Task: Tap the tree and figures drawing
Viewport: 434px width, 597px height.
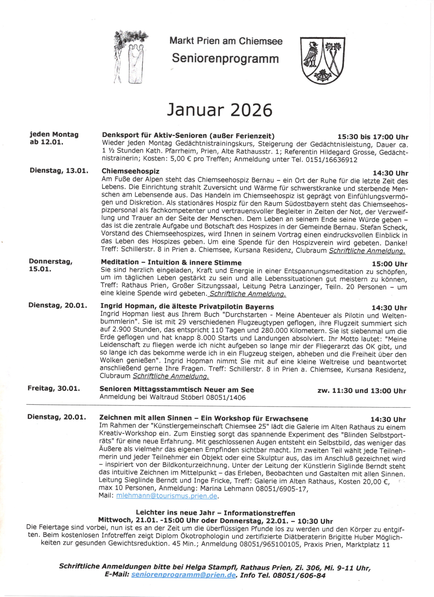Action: click(x=130, y=57)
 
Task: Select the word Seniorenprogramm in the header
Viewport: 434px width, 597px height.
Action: click(x=225, y=59)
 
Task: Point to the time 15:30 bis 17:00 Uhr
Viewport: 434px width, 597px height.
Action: click(x=373, y=137)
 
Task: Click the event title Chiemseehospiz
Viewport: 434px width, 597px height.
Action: click(x=130, y=171)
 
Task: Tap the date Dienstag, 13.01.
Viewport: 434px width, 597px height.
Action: click(x=59, y=170)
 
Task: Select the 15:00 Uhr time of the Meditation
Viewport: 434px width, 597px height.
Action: click(x=389, y=264)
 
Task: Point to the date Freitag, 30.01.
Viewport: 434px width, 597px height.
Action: click(x=54, y=389)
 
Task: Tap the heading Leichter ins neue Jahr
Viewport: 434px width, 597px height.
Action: click(x=215, y=513)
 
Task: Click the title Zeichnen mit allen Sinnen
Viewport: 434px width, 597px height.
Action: click(x=203, y=418)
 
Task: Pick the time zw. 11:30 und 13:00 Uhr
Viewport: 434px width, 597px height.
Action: click(x=362, y=391)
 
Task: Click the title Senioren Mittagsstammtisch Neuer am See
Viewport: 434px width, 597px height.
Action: click(x=176, y=389)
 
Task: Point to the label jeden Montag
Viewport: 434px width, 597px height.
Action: click(x=54, y=135)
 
